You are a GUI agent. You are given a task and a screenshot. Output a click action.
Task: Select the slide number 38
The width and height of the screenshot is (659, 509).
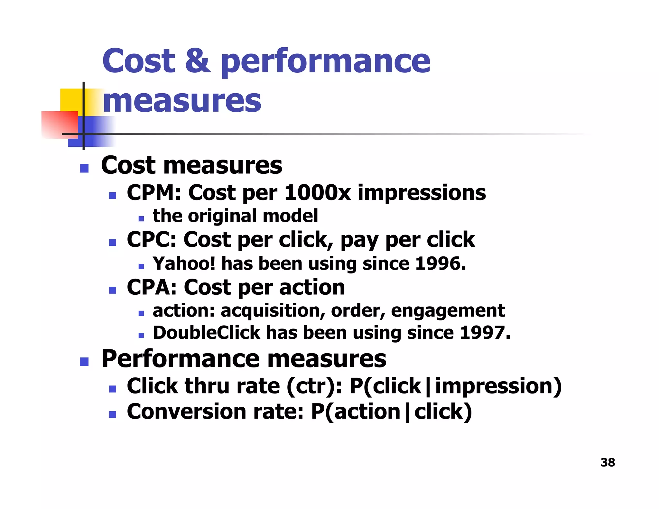click(608, 462)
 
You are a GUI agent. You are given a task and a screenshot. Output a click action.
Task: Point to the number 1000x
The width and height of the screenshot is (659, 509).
click(317, 193)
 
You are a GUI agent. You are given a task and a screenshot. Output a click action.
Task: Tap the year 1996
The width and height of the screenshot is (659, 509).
click(440, 264)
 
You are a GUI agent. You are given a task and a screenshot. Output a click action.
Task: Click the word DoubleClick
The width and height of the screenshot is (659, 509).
click(206, 333)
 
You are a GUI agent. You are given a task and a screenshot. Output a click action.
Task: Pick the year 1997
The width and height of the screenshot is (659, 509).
click(484, 333)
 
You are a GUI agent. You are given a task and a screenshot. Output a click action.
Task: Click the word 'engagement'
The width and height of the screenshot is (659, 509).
click(448, 311)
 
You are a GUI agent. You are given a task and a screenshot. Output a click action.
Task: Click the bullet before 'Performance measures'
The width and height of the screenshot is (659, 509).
click(84, 362)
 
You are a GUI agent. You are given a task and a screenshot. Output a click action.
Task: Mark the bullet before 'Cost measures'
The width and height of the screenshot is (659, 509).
click(84, 168)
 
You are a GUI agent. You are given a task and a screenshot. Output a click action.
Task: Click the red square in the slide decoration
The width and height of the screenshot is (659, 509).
click(60, 125)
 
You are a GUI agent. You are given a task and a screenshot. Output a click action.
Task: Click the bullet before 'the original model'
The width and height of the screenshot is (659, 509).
click(141, 219)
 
